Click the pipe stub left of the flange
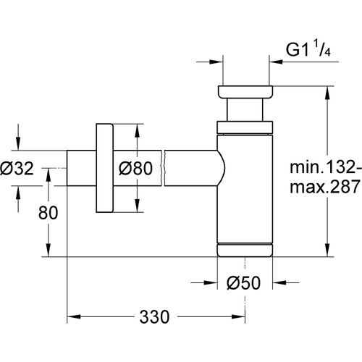pyautogui.click(x=80, y=168)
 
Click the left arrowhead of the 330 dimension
pyautogui.click(x=73, y=316)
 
